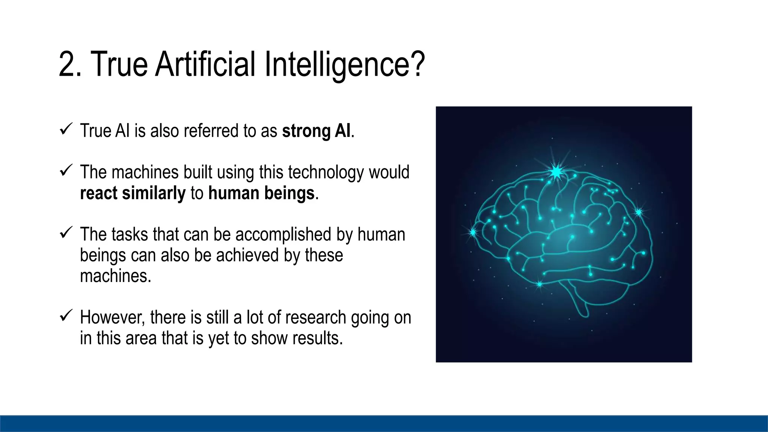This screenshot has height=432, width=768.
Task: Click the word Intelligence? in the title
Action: pyautogui.click(x=344, y=64)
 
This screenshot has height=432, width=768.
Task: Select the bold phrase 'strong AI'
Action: pyautogui.click(x=316, y=131)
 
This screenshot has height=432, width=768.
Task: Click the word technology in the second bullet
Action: pyautogui.click(x=326, y=172)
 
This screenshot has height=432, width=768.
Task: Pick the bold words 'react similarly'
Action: pyautogui.click(x=133, y=193)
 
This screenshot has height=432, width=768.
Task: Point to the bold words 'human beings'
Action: pyautogui.click(x=261, y=193)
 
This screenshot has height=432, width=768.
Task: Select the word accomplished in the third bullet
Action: pyautogui.click(x=283, y=235)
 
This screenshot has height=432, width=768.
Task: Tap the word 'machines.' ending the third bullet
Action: pyautogui.click(x=115, y=276)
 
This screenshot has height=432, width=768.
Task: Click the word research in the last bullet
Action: pyautogui.click(x=315, y=318)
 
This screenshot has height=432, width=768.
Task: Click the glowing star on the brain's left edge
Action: pyautogui.click(x=473, y=232)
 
